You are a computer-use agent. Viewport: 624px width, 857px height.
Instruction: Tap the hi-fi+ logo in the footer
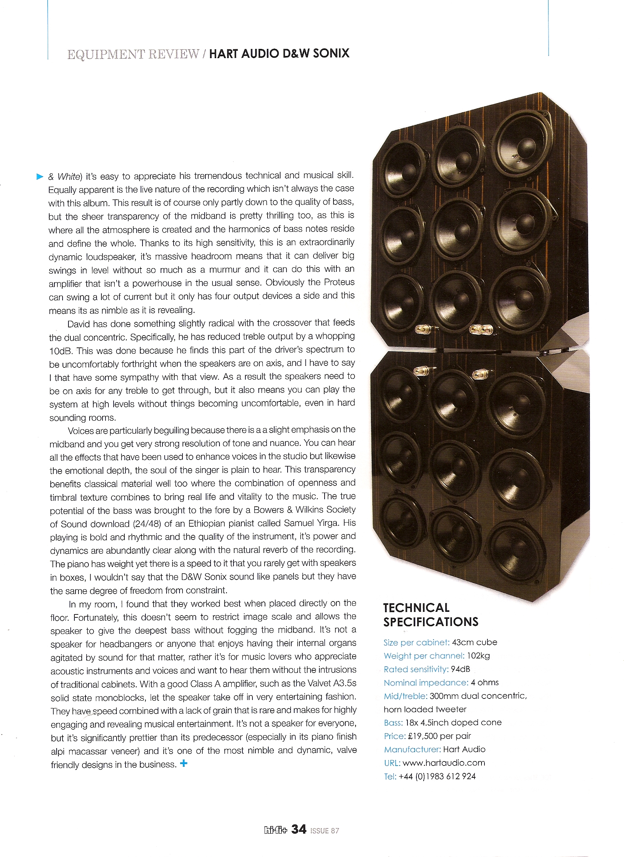275,830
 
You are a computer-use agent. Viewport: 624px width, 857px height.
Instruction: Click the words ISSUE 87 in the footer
325,831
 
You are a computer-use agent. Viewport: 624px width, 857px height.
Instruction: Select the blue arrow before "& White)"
40,176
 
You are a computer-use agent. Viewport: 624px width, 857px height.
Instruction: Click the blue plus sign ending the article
184,763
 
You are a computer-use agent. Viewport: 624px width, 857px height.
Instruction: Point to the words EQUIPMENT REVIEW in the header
133,54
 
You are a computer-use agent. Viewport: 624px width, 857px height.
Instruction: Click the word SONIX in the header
331,53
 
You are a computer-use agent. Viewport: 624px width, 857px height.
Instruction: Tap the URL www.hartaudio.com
444,763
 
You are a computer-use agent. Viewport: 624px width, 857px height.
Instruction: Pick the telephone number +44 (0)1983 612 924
437,776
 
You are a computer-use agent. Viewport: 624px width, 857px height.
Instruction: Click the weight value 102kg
478,656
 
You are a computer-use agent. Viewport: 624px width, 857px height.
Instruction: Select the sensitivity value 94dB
460,669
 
